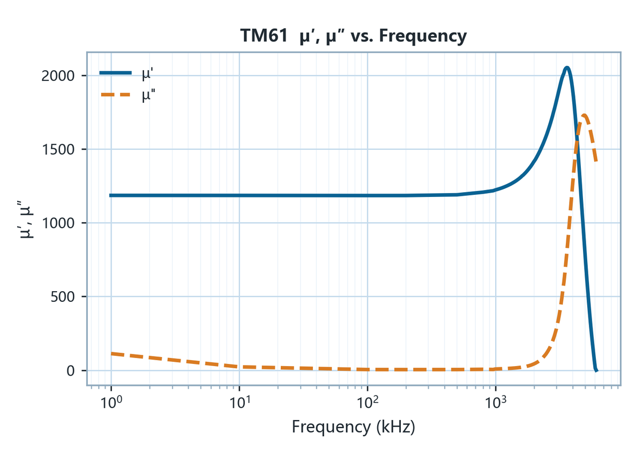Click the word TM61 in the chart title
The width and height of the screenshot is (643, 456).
click(x=264, y=36)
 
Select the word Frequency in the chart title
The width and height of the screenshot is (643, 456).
click(x=423, y=37)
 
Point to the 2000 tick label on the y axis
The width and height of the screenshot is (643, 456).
click(x=58, y=76)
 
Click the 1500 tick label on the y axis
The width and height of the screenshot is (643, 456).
click(x=58, y=149)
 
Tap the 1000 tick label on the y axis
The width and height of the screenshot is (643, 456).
click(x=58, y=223)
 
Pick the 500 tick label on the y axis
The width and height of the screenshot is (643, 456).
click(x=63, y=297)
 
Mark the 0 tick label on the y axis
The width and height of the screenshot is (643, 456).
click(x=71, y=370)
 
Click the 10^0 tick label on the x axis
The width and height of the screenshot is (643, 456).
click(x=111, y=402)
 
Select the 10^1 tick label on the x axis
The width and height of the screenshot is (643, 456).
click(x=239, y=402)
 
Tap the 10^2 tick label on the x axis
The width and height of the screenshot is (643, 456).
click(x=368, y=402)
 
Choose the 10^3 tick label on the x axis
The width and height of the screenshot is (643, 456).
click(x=496, y=402)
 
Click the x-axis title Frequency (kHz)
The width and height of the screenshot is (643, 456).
click(x=353, y=427)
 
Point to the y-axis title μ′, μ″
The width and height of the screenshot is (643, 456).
click(x=26, y=219)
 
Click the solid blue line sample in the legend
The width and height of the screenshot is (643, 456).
click(x=115, y=73)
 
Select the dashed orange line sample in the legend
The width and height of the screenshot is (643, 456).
click(x=115, y=95)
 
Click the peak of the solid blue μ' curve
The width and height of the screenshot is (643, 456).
click(x=567, y=67)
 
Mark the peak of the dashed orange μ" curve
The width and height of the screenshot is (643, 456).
click(x=584, y=115)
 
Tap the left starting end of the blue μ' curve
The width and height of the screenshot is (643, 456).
click(x=110, y=195)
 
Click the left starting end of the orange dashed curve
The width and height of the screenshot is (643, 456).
click(x=112, y=354)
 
